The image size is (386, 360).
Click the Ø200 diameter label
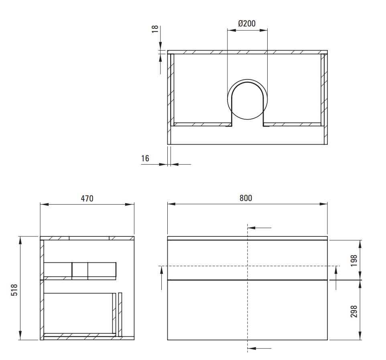tap(247, 23)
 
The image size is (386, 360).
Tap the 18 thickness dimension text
tap(155, 29)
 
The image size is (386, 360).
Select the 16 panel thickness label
tap(145, 159)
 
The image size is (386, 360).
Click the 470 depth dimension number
tap(87, 199)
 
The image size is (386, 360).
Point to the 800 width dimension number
tap(246, 198)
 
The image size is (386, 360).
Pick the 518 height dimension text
tap(14, 290)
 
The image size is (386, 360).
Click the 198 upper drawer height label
tap(354, 260)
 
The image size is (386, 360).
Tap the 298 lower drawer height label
tap(354, 311)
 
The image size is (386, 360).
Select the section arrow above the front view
tap(260, 228)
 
